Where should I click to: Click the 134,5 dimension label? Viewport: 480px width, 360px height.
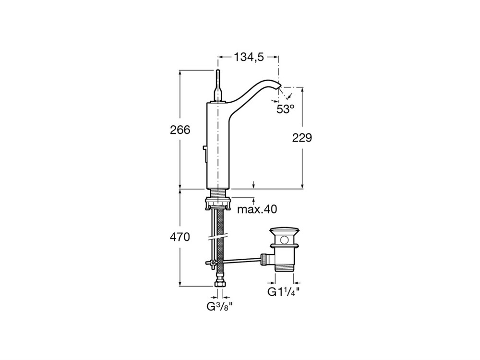click(249, 57)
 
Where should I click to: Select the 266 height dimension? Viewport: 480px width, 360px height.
click(180, 130)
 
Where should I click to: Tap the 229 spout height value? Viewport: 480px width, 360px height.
click(302, 138)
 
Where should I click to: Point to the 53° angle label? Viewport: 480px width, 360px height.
click(285, 109)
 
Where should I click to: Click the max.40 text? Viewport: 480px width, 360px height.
click(257, 209)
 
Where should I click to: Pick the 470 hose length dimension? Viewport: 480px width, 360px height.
click(180, 237)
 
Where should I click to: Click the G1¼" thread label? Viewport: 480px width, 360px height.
click(283, 292)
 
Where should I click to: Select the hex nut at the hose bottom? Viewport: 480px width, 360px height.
click(220, 284)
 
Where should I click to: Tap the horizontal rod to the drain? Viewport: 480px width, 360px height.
click(242, 260)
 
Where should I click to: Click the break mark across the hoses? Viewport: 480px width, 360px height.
click(217, 238)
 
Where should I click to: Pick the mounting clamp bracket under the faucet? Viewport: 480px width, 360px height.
click(218, 203)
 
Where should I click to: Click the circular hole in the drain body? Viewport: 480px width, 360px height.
click(285, 240)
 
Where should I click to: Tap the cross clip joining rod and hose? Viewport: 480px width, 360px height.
click(211, 263)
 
